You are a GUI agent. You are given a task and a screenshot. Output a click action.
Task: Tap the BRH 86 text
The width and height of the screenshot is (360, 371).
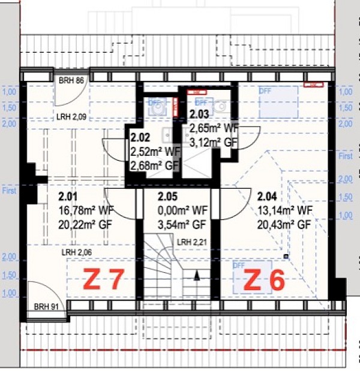(71, 80)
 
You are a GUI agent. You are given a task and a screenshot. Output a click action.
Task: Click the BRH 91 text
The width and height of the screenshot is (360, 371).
(47, 306)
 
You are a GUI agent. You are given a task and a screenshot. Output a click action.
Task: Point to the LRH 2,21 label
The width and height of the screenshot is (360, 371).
(191, 242)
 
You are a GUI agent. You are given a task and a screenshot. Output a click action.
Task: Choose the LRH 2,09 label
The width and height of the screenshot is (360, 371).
(72, 116)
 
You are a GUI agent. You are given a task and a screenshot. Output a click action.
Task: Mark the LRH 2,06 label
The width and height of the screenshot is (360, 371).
(76, 252)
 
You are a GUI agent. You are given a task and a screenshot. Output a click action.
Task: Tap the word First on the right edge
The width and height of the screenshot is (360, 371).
(346, 156)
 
